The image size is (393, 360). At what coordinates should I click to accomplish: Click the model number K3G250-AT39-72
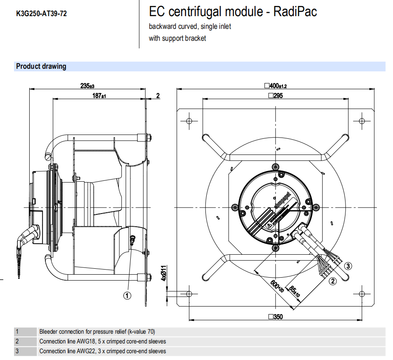[41, 14]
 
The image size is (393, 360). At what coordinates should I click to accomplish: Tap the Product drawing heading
[41, 66]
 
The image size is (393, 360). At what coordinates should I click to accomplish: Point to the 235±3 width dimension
[87, 85]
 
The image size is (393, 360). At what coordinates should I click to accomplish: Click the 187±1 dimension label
[99, 96]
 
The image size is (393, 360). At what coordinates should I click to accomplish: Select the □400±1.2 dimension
[275, 86]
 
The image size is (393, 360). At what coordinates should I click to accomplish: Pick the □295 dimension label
[275, 96]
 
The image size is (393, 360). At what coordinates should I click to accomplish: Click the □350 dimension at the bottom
[275, 317]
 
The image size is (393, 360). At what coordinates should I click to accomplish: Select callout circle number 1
[127, 295]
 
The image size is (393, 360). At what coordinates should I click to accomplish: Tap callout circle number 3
[348, 266]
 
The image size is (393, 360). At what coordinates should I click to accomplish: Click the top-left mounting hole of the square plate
[189, 121]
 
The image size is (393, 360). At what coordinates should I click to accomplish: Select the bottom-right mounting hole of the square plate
[362, 294]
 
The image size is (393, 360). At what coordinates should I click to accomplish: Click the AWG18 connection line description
[103, 341]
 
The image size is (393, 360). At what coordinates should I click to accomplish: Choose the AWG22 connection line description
[103, 351]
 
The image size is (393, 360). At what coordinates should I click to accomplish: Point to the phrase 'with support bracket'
[177, 38]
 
